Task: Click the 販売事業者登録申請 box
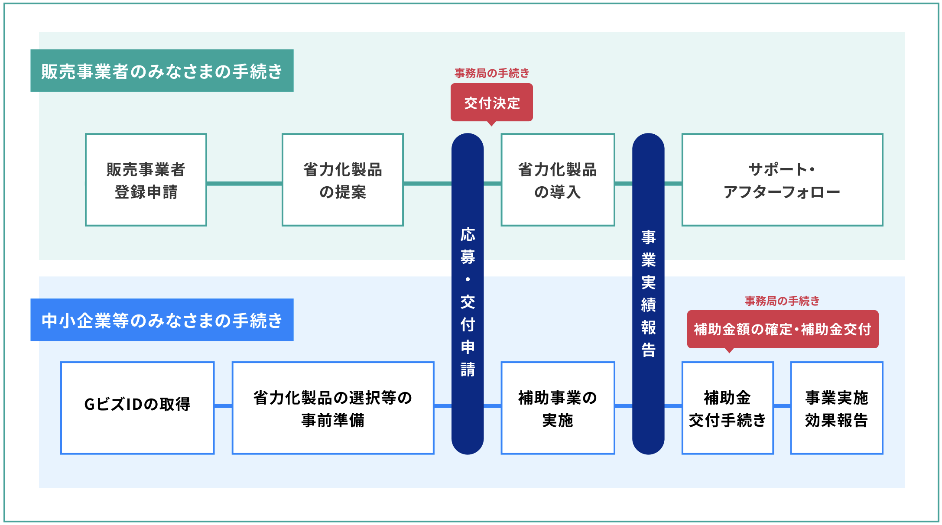(146, 180)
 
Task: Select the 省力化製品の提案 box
(343, 180)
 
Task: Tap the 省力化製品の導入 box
(558, 180)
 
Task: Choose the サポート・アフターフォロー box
(782, 180)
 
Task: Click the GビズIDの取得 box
(137, 408)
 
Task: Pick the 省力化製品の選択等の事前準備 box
(333, 408)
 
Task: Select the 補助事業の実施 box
(558, 408)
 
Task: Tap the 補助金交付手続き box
(728, 408)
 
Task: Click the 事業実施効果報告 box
(836, 408)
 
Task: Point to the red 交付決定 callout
(492, 103)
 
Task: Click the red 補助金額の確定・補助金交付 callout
(783, 329)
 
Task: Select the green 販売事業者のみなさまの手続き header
(162, 71)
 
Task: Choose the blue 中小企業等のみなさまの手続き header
(162, 320)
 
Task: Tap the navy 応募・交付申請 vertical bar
(468, 294)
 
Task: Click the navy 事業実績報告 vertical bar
(648, 294)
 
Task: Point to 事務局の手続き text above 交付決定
(492, 73)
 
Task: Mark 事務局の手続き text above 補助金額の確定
(782, 301)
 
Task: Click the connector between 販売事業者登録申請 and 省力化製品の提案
(244, 184)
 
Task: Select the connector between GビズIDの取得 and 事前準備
(223, 406)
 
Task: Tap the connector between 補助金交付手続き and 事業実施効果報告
(782, 406)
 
